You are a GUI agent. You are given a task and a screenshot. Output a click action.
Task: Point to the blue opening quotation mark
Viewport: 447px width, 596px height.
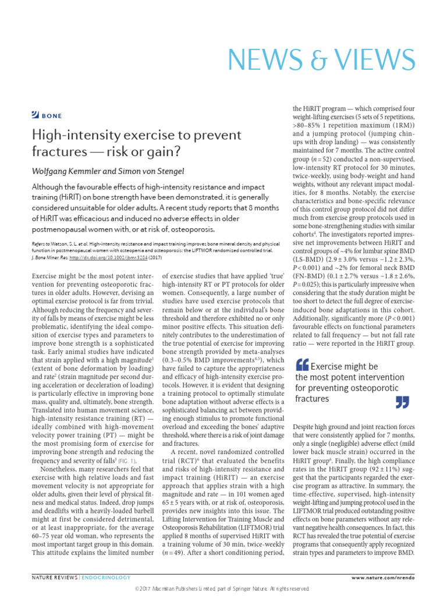(303, 366)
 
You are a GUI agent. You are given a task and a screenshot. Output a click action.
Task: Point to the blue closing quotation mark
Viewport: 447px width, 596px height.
(402, 402)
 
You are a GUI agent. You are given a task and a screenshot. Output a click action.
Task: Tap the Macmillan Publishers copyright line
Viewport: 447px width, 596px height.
(223, 589)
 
